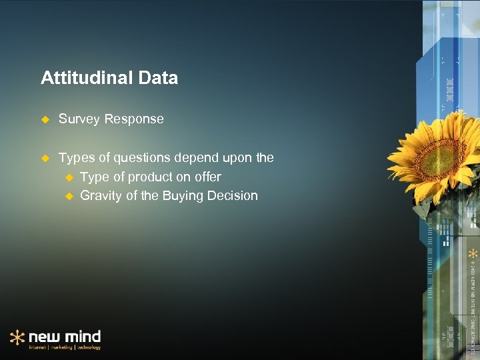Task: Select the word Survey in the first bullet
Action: tap(79, 119)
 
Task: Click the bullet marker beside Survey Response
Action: tap(45, 119)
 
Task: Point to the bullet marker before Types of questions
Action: tap(45, 158)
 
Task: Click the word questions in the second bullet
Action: tap(142, 158)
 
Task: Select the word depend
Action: tap(195, 158)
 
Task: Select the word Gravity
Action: tap(101, 195)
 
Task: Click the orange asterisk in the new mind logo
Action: tap(17, 337)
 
